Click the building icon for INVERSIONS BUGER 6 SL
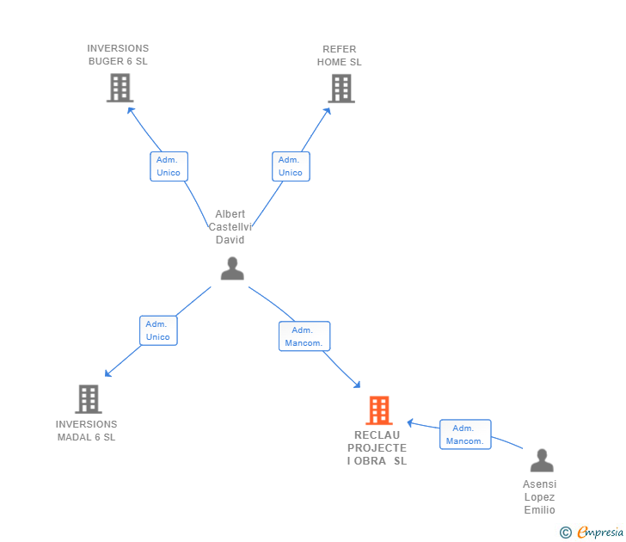120,88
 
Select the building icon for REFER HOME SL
341,88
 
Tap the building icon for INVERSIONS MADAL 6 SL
88,399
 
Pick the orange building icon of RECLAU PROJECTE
378,410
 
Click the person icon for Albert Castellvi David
232,269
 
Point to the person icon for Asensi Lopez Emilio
542,460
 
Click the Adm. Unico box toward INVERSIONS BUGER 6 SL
169,166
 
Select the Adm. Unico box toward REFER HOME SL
291,166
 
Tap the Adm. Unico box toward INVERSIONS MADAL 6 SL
158,330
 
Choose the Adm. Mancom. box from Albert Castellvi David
304,336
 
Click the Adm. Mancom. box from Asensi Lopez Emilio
465,434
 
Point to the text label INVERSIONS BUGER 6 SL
118,55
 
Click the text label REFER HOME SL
340,56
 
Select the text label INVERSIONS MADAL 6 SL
86,430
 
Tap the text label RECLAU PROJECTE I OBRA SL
377,448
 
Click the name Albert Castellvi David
230,227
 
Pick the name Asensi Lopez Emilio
540,497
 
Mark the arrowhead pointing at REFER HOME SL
328,109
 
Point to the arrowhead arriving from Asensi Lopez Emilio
411,422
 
